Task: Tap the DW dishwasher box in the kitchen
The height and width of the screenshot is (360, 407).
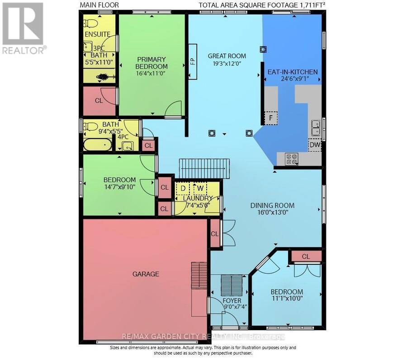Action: tap(315, 145)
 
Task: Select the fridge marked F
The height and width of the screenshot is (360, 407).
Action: tap(271, 118)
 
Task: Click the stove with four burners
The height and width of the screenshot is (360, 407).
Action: tap(292, 159)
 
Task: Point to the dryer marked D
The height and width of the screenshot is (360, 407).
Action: tap(183, 188)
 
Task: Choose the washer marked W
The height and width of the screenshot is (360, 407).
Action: tap(200, 188)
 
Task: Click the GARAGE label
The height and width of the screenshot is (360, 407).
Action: tap(146, 274)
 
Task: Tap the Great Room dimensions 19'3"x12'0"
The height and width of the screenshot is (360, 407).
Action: tap(227, 63)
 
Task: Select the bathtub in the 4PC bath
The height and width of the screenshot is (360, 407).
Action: tap(98, 145)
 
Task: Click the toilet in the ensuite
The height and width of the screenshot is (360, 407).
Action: tap(90, 24)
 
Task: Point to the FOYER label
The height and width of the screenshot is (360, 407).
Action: tap(232, 301)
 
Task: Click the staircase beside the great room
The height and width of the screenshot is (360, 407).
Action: tap(204, 169)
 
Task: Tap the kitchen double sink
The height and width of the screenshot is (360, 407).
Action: tap(316, 128)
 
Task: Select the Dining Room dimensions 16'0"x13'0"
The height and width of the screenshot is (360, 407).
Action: tap(273, 213)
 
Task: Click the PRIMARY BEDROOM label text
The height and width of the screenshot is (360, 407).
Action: tap(151, 63)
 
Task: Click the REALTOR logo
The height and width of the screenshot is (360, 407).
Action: tap(24, 28)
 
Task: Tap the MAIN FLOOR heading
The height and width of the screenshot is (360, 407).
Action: tap(99, 5)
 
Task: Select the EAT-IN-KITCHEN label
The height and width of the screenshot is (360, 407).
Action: tap(293, 72)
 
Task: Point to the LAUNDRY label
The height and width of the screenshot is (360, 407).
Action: tap(198, 198)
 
